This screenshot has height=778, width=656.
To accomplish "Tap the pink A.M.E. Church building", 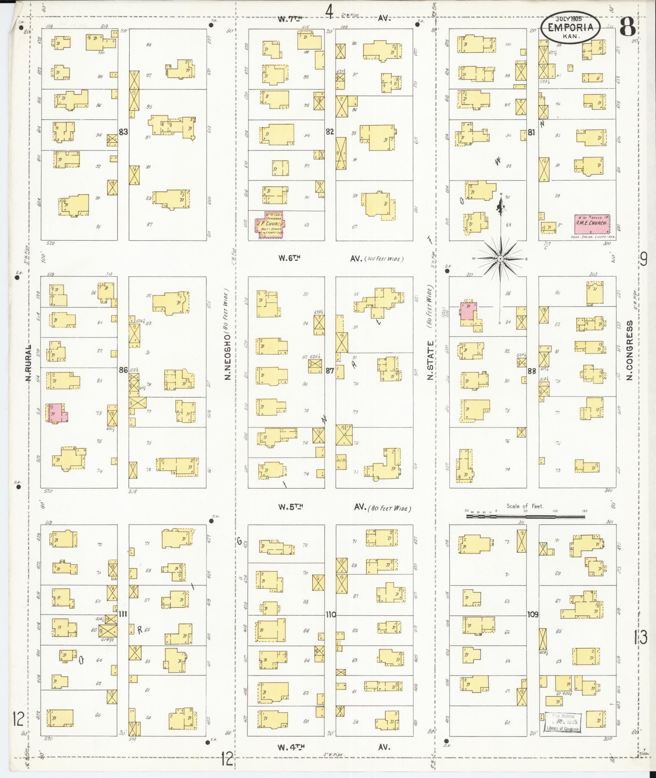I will click(x=592, y=222).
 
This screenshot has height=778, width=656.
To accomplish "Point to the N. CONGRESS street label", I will click(x=630, y=351).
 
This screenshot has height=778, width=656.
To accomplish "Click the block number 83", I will click(x=124, y=131).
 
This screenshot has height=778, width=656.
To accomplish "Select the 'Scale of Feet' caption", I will click(x=525, y=507).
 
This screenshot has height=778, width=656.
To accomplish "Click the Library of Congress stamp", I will click(x=563, y=722).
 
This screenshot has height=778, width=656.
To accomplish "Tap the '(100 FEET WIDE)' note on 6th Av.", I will click(x=384, y=259).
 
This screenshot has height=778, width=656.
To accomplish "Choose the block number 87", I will click(x=330, y=370).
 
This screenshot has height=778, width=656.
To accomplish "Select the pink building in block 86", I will click(x=56, y=413).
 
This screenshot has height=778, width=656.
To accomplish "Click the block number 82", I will click(x=330, y=131).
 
